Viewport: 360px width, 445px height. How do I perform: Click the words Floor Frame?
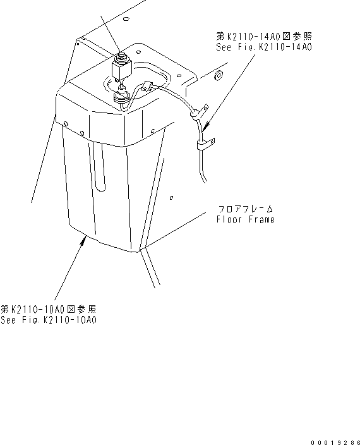(x=246, y=220)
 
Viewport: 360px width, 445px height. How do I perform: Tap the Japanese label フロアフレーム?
(x=246, y=208)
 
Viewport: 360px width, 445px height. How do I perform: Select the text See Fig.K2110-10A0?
(x=49, y=320)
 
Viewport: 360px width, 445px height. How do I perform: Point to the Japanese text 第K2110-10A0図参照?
(x=49, y=309)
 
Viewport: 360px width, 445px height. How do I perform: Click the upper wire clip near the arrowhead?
(x=198, y=114)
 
